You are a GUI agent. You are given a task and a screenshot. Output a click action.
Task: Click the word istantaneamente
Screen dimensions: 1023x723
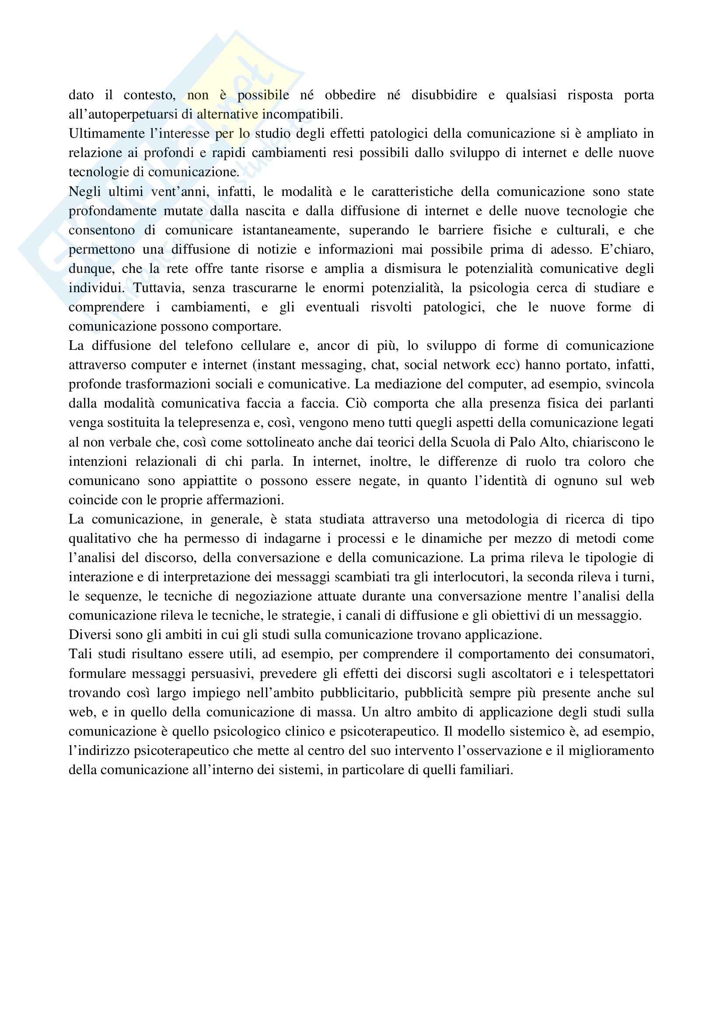[290, 230]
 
